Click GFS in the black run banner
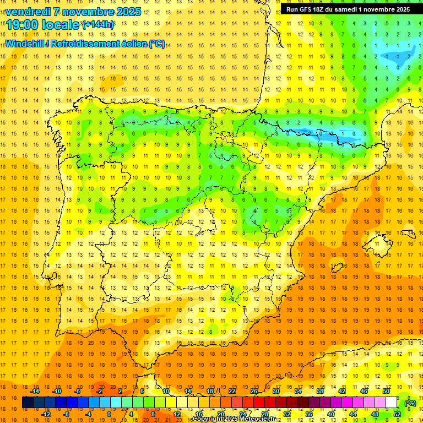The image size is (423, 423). [308, 9]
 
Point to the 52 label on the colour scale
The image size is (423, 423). [397, 414]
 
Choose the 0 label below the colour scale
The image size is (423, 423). [110, 414]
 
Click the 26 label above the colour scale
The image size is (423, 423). [254, 391]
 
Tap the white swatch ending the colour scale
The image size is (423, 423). [392, 403]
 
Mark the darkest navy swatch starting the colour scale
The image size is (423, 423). [28, 403]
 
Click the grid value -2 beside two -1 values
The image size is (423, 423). [407, 56]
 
